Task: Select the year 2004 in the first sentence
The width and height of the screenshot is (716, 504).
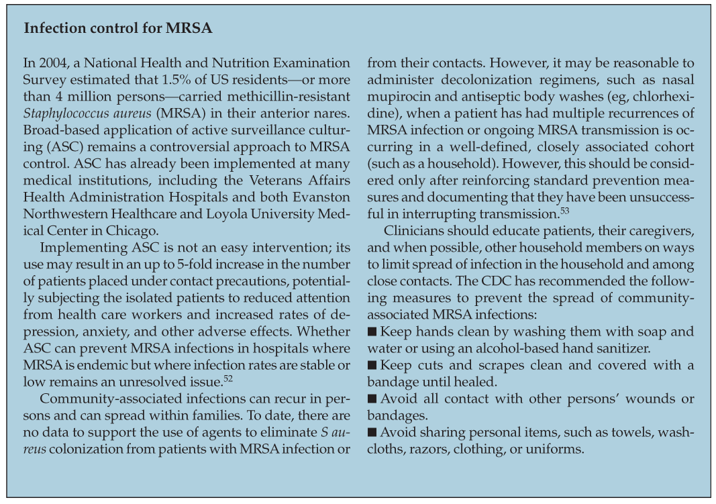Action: [x=52, y=64]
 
